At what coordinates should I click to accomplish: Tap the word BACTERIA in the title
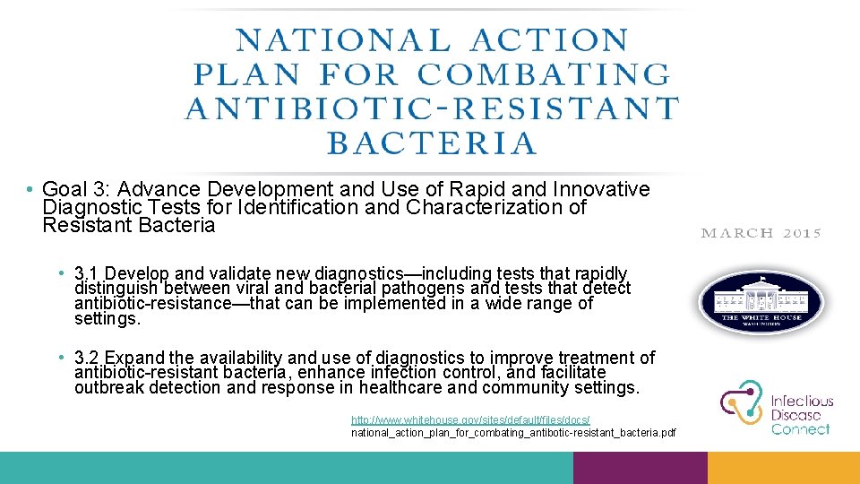[x=432, y=143]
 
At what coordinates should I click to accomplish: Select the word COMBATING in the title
[x=544, y=74]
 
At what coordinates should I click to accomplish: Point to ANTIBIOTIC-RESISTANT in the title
[x=432, y=108]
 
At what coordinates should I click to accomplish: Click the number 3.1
[x=87, y=273]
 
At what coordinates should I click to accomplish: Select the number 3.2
[x=87, y=359]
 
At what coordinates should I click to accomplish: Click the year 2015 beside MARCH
[x=802, y=233]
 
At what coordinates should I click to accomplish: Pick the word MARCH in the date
[x=737, y=233]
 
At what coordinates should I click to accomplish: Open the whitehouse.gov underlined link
[x=470, y=419]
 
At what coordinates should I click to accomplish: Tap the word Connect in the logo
[x=801, y=429]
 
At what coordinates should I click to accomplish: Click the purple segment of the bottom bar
[x=640, y=467]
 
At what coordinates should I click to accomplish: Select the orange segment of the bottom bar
[x=783, y=467]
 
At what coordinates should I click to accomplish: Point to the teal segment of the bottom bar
[x=287, y=467]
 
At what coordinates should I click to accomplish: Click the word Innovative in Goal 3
[x=601, y=190]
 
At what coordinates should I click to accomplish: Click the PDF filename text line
[x=513, y=434]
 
